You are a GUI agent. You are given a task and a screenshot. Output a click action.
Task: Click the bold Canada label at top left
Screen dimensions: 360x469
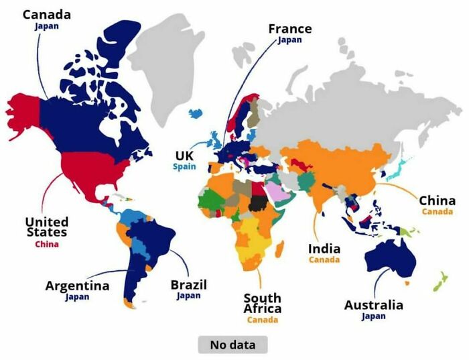46,14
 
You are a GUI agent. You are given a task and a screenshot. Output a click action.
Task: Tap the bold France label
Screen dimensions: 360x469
289,29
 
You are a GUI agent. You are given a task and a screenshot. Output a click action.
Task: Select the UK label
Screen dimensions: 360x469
184,155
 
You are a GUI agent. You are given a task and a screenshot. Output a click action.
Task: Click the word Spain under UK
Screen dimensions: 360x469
184,166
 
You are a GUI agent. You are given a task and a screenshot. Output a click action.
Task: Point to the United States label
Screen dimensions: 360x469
47,227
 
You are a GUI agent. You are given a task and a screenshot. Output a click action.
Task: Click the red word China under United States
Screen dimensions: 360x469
47,244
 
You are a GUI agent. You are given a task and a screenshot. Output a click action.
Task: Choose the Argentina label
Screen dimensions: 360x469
77,286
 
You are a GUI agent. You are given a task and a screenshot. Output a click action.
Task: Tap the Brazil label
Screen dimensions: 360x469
188,284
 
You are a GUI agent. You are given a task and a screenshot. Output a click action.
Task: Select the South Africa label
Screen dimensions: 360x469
262,303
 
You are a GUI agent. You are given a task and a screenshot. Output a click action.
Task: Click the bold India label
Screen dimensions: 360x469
324,249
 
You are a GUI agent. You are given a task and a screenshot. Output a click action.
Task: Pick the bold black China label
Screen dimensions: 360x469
437,200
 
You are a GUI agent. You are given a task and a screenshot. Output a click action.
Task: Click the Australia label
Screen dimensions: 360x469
373,305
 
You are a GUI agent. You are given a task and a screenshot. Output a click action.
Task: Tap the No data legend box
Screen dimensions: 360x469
232,345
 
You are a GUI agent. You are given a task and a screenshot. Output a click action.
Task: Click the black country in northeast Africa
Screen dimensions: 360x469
257,203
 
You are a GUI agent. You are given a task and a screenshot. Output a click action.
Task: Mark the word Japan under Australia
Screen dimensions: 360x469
373,316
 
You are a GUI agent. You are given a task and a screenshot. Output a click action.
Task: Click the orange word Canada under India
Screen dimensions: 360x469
324,259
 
